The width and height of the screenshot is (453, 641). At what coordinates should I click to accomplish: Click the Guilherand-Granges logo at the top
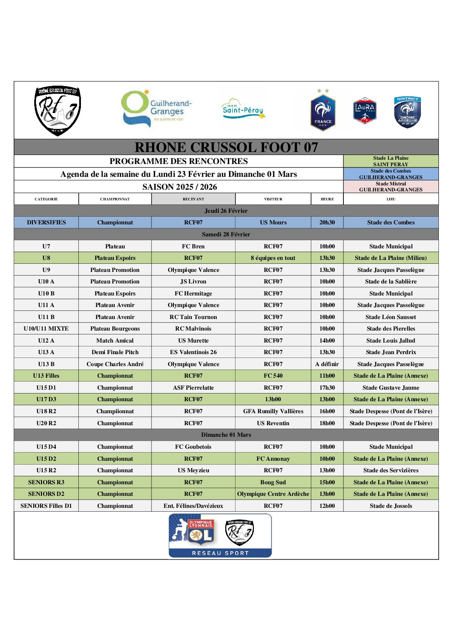(x=156, y=109)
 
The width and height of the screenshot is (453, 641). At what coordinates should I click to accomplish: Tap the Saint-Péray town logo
(x=243, y=109)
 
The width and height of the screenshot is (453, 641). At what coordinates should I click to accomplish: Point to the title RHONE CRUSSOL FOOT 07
(x=226, y=147)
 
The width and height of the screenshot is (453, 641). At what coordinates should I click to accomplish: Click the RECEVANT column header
(x=193, y=199)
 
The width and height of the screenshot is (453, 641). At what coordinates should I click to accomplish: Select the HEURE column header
(x=327, y=199)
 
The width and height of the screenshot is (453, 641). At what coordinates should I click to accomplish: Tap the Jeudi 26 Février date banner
(x=226, y=211)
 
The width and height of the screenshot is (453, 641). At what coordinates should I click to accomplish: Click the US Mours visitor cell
(x=273, y=223)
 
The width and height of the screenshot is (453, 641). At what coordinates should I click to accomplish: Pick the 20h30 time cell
(x=327, y=223)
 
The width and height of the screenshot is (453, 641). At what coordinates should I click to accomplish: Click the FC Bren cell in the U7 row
(x=193, y=246)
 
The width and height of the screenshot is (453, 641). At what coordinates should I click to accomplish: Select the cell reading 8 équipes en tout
(x=273, y=258)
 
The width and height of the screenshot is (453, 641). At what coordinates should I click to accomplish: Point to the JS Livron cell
(x=193, y=282)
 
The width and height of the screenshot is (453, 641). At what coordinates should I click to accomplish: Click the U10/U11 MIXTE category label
(x=46, y=329)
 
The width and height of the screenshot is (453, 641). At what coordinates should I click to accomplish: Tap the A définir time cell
(x=327, y=364)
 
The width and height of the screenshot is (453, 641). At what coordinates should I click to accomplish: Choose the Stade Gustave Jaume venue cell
(x=391, y=388)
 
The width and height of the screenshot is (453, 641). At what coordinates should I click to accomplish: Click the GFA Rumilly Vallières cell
(x=273, y=411)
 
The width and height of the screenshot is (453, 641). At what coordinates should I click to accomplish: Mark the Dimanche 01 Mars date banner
(x=226, y=435)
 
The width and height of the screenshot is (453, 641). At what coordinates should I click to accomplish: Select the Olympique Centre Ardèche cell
(x=273, y=494)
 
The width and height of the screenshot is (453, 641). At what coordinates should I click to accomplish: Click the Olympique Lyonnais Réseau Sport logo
(x=220, y=536)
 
